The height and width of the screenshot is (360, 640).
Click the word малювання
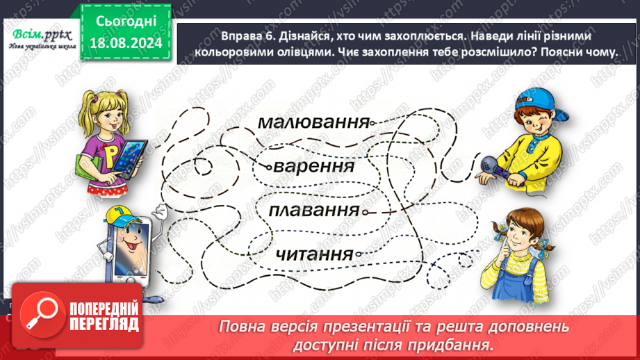point(313,123)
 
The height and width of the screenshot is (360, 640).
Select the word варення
point(314,167)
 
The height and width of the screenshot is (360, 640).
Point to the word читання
point(315,254)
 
